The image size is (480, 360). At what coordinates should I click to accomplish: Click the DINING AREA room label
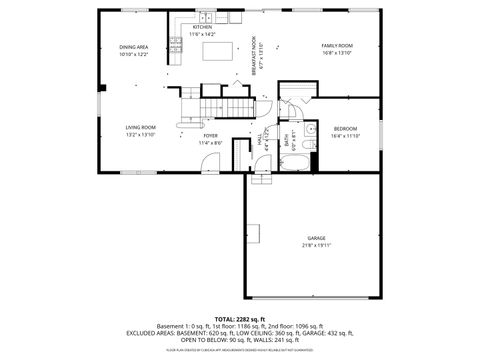134,47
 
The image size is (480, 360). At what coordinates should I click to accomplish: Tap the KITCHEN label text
202,27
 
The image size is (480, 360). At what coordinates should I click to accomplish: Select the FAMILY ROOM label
337,46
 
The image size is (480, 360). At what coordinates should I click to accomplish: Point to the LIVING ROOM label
140,127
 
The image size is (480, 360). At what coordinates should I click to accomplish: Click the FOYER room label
211,135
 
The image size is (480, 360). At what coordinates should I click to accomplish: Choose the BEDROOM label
345,129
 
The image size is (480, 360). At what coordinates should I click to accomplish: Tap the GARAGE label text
316,238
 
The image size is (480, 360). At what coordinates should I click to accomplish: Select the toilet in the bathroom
310,130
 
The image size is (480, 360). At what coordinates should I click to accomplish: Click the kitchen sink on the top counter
205,17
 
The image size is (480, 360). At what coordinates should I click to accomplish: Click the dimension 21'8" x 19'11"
316,245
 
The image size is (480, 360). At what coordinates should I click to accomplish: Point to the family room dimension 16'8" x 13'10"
337,53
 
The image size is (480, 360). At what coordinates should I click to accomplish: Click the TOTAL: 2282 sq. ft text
239,317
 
